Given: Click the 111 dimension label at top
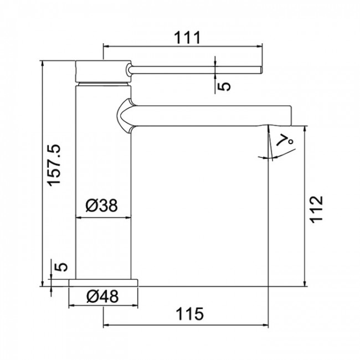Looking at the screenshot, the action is coord(187,38).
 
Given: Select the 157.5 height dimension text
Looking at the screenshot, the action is coord(54,165).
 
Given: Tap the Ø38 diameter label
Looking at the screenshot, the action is coord(102,205).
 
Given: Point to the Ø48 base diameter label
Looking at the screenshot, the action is coord(102,296).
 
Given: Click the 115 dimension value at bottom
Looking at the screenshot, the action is coord(189,314).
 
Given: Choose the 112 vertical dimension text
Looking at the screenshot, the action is coord(316,209).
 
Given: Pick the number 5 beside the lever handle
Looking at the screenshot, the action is coord(224,86).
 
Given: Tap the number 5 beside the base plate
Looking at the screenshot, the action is coord(61,266).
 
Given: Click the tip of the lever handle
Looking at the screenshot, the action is coord(261,70).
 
